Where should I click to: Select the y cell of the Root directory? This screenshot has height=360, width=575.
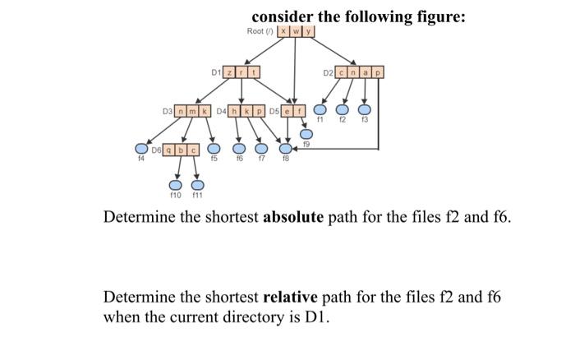pos(311,31)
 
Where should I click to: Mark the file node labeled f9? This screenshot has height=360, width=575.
pos(306,134)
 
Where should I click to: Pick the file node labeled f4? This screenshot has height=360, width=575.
pos(141,150)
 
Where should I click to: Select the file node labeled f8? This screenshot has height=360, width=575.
pos(284,149)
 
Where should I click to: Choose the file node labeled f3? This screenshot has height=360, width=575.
pos(365,110)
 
